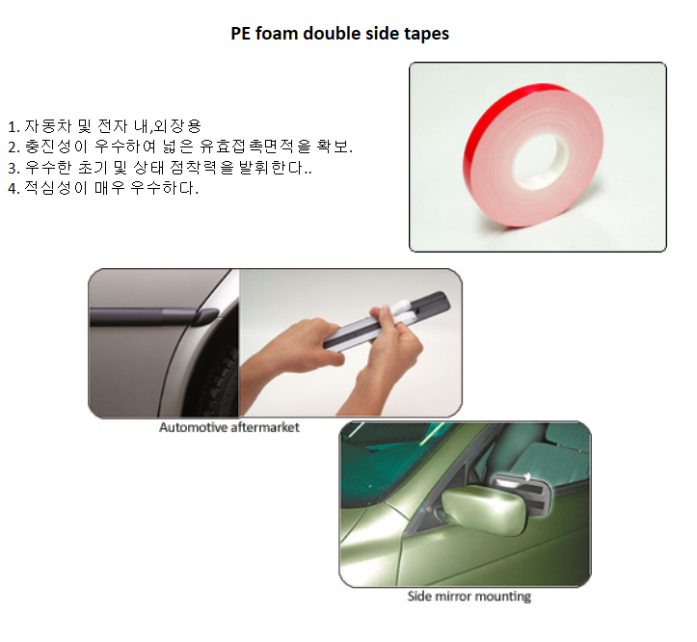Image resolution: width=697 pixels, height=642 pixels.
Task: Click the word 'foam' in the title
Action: click(276, 34)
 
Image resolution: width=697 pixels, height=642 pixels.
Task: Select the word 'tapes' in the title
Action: click(427, 35)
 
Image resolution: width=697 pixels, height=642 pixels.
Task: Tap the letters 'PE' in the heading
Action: click(240, 34)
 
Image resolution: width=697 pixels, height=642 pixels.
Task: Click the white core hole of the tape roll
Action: click(540, 161)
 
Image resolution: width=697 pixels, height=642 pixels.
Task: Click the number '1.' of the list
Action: click(13, 127)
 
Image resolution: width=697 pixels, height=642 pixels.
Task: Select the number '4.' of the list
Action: click(13, 189)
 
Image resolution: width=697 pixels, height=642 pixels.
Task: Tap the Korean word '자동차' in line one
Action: click(47, 126)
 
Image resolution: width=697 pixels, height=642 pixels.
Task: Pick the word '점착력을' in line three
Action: click(201, 167)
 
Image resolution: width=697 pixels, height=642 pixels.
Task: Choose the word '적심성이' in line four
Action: click(56, 188)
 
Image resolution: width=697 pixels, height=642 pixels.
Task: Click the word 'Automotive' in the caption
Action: click(194, 427)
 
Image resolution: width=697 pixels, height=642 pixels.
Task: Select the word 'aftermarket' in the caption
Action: click(265, 427)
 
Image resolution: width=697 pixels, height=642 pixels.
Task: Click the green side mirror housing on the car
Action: click(483, 510)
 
